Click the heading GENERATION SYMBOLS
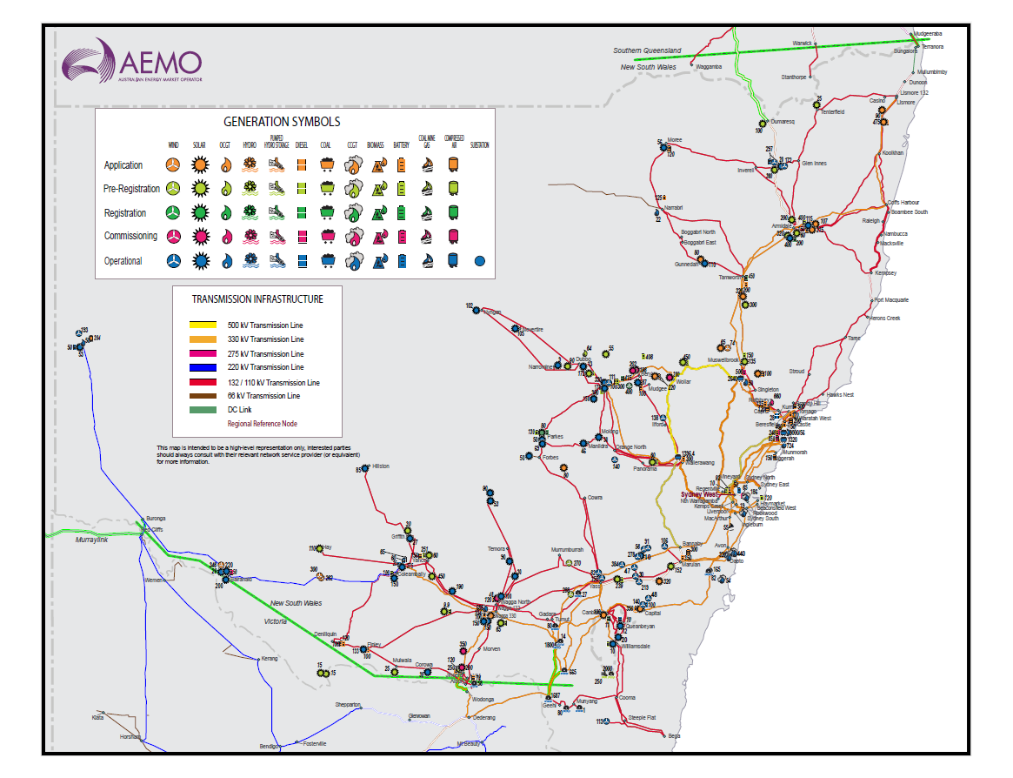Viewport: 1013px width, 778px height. [282, 122]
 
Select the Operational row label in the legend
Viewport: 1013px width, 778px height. [123, 261]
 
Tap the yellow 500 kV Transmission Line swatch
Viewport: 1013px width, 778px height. [209, 325]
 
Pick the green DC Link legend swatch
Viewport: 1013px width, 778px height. [209, 410]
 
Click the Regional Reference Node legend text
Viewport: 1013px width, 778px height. [262, 424]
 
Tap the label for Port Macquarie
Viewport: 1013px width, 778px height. [891, 299]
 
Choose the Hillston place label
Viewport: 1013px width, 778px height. [381, 466]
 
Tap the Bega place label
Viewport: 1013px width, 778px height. [674, 736]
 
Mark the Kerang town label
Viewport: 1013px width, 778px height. [269, 659]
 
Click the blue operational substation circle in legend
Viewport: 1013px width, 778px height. [479, 260]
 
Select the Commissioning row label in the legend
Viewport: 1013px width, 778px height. [130, 236]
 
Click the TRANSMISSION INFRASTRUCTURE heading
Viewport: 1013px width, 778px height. [257, 299]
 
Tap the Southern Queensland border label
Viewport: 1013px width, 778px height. [647, 50]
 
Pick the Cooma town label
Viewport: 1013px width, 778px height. [627, 698]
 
